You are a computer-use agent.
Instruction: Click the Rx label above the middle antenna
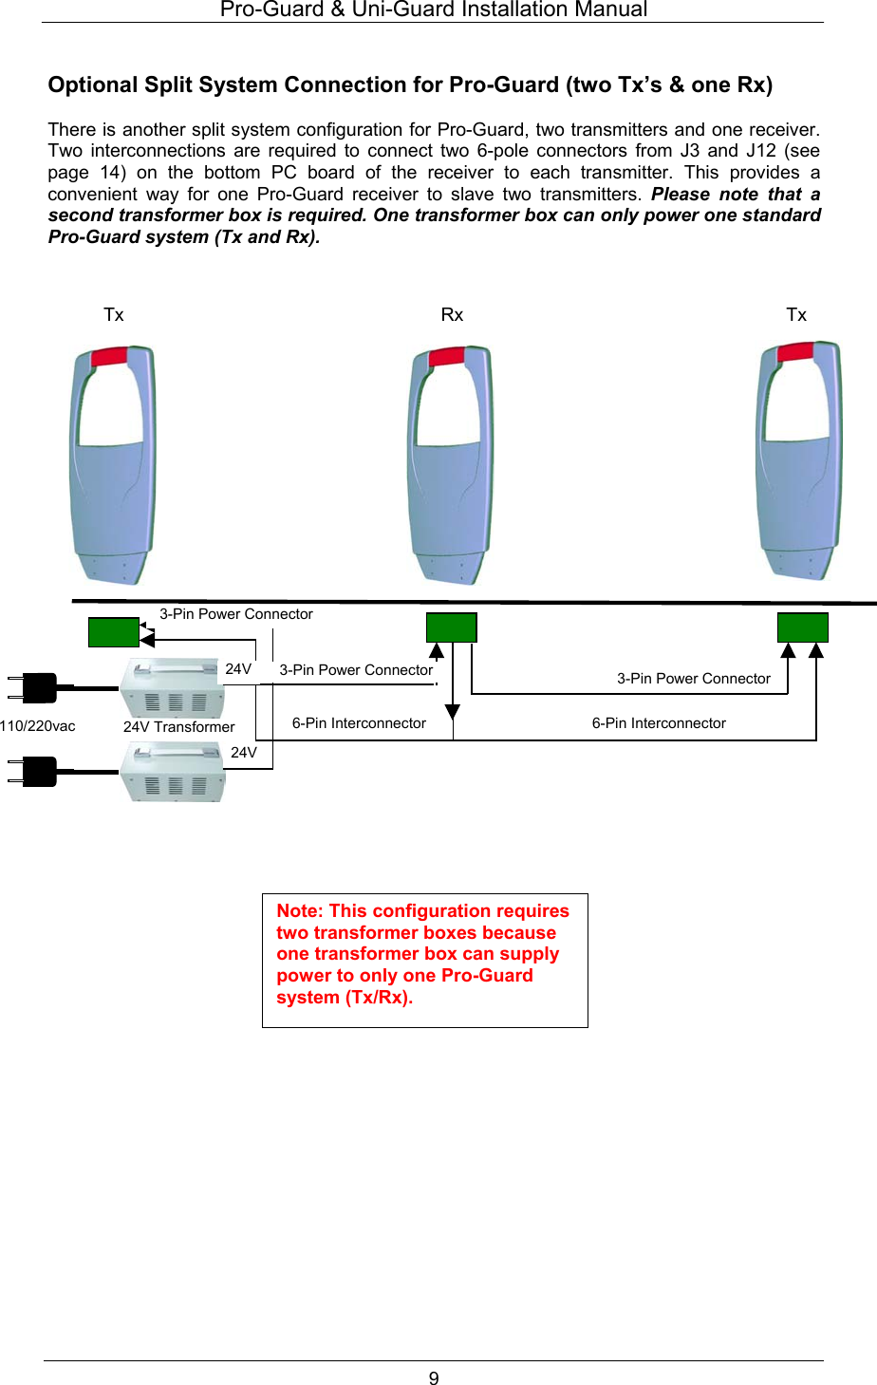click(x=452, y=315)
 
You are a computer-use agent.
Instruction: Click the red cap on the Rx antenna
click(x=447, y=357)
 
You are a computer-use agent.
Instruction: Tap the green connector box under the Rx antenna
click(x=451, y=627)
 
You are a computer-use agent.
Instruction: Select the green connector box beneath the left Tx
click(x=113, y=632)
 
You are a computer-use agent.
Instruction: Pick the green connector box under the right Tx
click(x=802, y=627)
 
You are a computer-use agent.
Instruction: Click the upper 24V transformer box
click(x=173, y=688)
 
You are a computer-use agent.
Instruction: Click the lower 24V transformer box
click(x=173, y=772)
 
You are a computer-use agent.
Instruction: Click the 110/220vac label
click(x=38, y=726)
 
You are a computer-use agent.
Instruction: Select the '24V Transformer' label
click(x=178, y=727)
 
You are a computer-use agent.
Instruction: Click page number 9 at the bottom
click(x=434, y=1378)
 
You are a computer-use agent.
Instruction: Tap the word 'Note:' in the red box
click(x=300, y=911)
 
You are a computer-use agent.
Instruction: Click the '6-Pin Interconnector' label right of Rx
click(x=659, y=723)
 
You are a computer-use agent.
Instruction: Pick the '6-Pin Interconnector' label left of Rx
click(x=359, y=723)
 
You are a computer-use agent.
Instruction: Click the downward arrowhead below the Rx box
click(x=453, y=712)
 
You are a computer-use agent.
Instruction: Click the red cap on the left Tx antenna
click(x=109, y=357)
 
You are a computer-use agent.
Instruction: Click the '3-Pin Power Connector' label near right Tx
click(x=694, y=679)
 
